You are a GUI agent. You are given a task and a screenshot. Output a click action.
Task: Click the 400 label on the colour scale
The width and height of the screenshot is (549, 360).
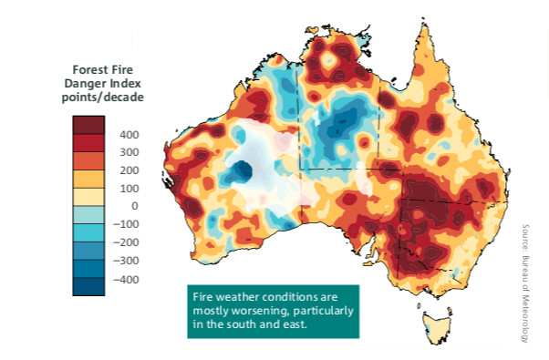pyautogui.click(x=129, y=134)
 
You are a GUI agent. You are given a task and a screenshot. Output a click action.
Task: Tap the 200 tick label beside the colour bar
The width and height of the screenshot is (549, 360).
pyautogui.click(x=129, y=170)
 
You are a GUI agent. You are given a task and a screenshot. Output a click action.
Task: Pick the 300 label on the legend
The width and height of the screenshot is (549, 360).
pyautogui.click(x=129, y=152)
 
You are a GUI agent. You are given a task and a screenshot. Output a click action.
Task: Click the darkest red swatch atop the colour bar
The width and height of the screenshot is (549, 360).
pyautogui.click(x=89, y=124)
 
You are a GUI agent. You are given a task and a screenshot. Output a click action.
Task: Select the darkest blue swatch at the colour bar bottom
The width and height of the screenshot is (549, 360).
pyautogui.click(x=89, y=287)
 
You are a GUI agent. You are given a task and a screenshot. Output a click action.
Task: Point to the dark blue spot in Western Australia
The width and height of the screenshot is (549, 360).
pyautogui.click(x=242, y=170)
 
